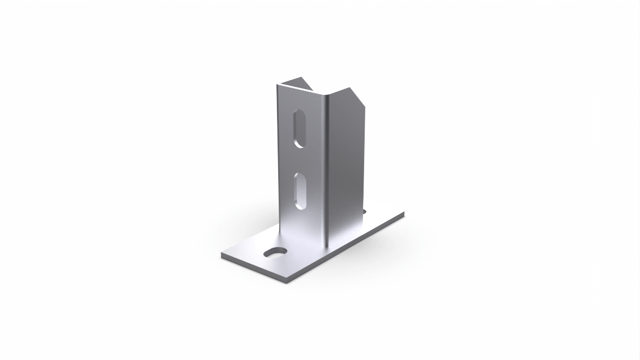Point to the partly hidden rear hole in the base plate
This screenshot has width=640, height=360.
pos(364,212)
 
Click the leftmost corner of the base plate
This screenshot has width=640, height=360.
pos(222,255)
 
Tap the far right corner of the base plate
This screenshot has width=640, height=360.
pos(404,213)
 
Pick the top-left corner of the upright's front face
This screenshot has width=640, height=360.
pos(278,85)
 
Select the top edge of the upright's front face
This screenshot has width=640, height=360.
pos(300,91)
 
